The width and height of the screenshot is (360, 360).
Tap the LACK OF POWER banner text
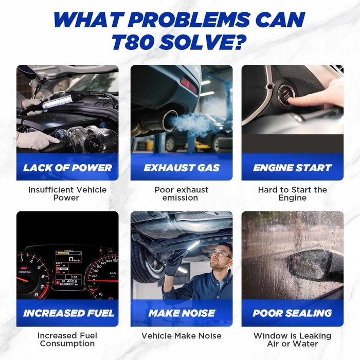(67, 168)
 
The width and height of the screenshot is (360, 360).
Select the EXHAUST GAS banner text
(182, 168)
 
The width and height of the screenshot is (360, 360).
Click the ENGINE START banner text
(292, 168)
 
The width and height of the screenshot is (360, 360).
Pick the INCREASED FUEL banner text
(68, 313)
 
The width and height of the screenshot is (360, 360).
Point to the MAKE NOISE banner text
(182, 313)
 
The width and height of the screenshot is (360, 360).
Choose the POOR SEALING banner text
(292, 313)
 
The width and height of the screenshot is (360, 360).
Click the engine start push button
(286, 97)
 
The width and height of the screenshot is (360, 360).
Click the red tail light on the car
(189, 85)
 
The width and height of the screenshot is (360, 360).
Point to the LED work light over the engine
(58, 101)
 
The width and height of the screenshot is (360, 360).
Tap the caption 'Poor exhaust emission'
(181, 193)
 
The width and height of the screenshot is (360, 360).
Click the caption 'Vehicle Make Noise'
(182, 336)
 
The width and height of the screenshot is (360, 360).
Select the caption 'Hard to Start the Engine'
(293, 193)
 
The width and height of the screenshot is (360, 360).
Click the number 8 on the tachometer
(37, 295)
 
